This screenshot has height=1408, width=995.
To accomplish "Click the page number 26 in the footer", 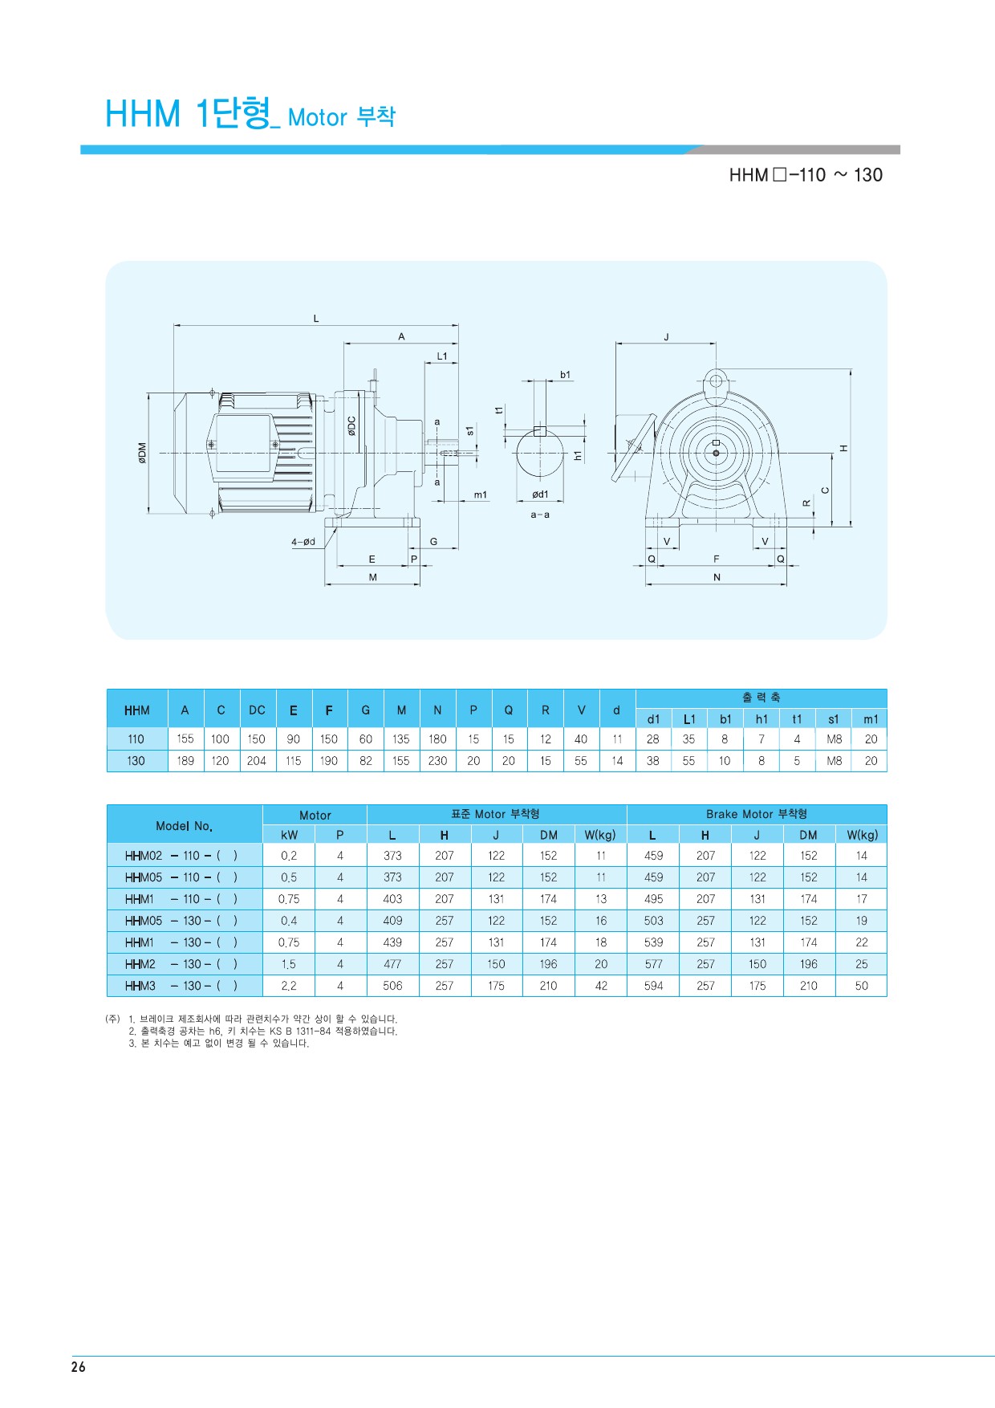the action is point(78,1367).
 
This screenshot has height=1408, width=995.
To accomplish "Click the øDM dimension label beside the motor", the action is point(142,453).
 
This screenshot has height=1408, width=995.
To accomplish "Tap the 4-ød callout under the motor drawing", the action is point(303,542).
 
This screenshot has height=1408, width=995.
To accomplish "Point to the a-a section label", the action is point(540,515).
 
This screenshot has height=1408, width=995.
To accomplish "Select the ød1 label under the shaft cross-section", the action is point(540,494).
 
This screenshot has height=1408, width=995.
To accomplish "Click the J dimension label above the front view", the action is point(666,337).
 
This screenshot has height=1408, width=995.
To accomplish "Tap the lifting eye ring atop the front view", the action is point(715,379).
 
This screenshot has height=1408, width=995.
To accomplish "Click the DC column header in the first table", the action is point(257,710).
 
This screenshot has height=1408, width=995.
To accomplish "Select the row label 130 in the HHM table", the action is point(136,761).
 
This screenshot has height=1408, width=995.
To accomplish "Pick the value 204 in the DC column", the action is point(257,761).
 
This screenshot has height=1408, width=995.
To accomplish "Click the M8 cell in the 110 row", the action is point(835,739).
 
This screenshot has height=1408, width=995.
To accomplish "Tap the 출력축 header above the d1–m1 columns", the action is point(761,698).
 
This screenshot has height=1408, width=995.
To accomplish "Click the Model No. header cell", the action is point(185,825).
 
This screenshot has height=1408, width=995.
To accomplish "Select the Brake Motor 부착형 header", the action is point(757,814).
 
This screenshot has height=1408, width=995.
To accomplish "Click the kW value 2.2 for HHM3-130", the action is point(289,986).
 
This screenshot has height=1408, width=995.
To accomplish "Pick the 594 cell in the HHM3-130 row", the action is point(654,986).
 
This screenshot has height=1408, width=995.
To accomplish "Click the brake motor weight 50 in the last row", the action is point(862,986).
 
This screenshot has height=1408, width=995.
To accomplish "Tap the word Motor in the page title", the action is point(317,117).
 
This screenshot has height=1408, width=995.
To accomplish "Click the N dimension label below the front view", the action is point(717,577).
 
